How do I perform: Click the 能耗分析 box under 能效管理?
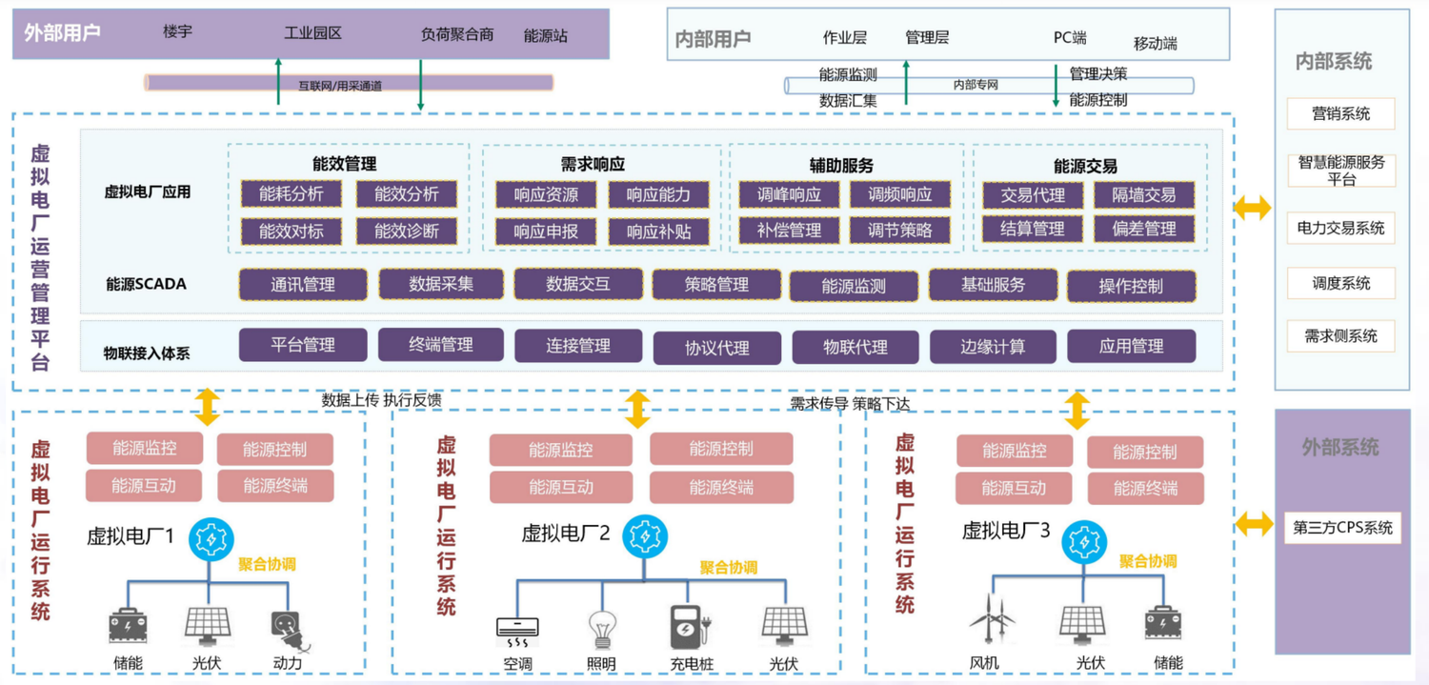click(292, 194)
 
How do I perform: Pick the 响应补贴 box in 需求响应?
click(658, 231)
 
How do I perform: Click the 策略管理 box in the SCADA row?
click(715, 285)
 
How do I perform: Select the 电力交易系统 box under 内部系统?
click(1340, 229)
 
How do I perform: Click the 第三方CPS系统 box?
click(1342, 528)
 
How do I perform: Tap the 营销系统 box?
click(1340, 113)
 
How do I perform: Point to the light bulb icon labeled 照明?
click(601, 629)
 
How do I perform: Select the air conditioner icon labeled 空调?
click(517, 629)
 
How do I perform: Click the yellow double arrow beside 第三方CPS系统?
click(1254, 522)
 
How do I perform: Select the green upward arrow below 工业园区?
click(278, 81)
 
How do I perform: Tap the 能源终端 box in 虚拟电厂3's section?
click(1144, 489)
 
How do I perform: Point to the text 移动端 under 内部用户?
click(1155, 44)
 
